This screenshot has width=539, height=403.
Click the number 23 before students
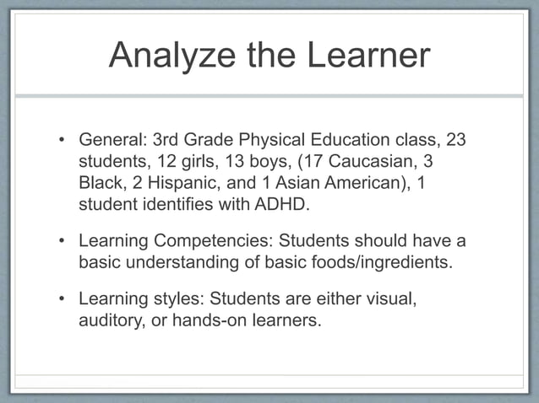(455, 138)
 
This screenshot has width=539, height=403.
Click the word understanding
(183, 263)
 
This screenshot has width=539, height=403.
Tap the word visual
(389, 299)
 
